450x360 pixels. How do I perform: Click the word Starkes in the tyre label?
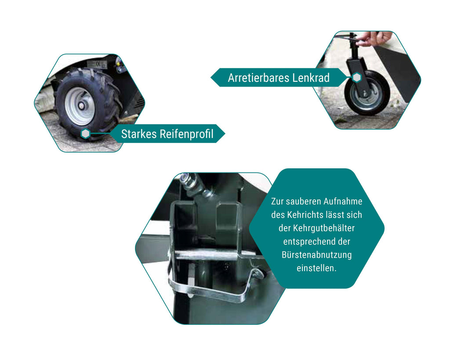tap(138, 134)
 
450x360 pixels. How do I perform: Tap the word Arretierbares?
tap(258, 78)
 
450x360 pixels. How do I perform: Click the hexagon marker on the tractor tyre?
tap(86, 134)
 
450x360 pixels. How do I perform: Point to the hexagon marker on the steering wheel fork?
tap(357, 77)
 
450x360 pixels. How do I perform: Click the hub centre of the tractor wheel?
tap(81, 105)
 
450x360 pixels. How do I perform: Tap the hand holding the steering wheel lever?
tap(374, 38)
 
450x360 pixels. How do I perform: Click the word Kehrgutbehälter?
tap(324, 228)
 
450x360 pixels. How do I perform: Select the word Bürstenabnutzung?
tap(316, 255)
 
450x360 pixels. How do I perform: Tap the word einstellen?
tap(316, 268)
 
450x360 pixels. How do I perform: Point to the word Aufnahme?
tap(343, 201)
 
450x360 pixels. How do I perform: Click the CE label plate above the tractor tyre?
tap(97, 64)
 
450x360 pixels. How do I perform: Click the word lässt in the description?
tap(337, 215)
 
